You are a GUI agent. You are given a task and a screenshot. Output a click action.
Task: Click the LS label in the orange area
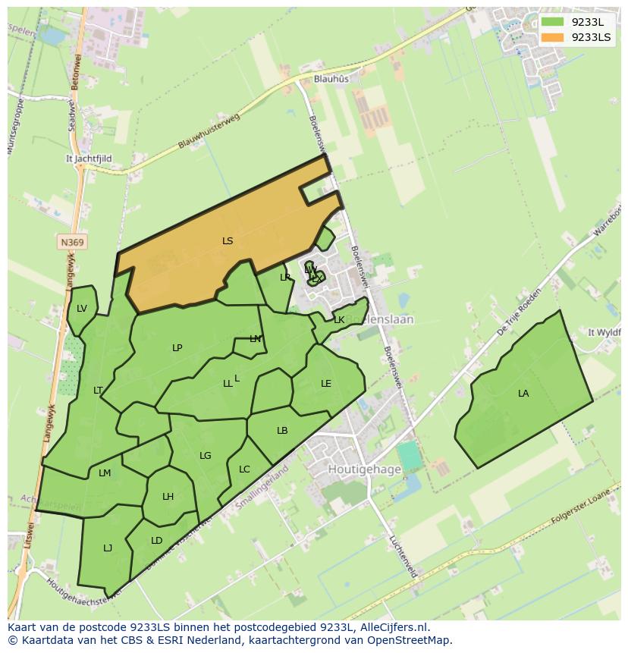pos(228,241)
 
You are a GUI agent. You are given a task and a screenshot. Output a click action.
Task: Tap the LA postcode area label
pos(523,394)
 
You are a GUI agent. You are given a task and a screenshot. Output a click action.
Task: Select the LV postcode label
pos(82,308)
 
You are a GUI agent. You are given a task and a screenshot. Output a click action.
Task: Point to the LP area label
pos(177,348)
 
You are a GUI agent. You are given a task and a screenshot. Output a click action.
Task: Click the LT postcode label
pos(98,391)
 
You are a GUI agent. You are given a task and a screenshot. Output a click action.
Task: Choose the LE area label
pos(326,384)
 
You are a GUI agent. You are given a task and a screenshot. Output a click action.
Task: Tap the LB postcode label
pos(282,431)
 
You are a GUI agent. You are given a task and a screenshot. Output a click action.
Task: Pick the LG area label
pos(206,456)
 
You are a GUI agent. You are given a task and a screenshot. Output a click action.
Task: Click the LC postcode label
pos(244,469)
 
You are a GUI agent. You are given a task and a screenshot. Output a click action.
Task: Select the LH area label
pos(168,497)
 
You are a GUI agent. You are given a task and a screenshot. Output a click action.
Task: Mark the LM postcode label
pos(105,473)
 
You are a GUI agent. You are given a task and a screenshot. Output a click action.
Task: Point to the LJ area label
pos(108,548)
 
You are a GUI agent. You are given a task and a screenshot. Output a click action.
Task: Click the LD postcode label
pos(156,541)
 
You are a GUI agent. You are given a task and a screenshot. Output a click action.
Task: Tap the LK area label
pos(339,320)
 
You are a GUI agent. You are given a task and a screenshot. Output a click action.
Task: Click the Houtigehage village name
pos(364,469)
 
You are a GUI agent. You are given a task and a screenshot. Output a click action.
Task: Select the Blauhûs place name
pos(331,78)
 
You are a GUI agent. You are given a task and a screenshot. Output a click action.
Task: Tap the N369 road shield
pos(72,243)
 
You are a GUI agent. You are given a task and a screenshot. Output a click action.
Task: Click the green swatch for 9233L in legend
pos(553,22)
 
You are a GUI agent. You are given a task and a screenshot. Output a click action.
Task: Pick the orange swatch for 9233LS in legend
pos(553,37)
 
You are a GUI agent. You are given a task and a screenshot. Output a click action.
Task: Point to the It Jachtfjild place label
pos(89,159)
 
